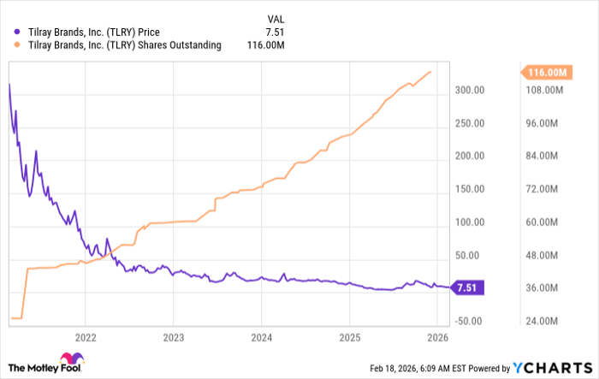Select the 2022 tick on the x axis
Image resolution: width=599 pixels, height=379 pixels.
(85, 335)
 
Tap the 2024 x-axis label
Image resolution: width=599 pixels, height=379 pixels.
(261, 335)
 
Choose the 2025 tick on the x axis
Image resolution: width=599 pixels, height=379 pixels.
(349, 335)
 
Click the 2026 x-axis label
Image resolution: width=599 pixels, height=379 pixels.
(436, 335)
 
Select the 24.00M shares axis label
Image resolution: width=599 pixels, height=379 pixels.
(542, 321)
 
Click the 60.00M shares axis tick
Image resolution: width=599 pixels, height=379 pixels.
(542, 222)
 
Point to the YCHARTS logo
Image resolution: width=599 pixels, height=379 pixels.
(549, 366)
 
